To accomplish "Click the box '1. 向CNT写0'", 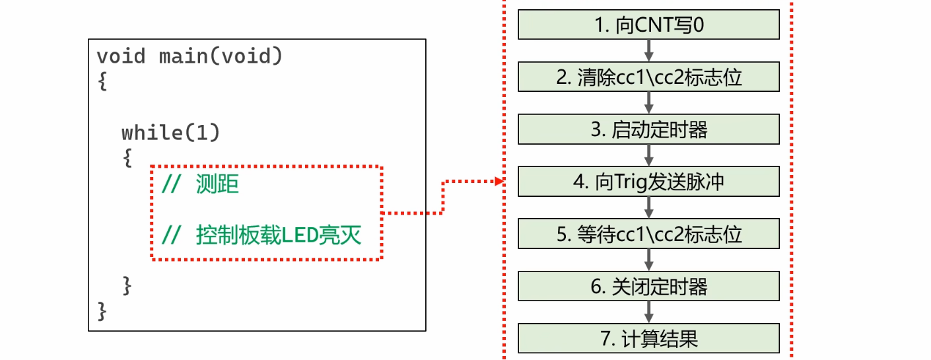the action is [x=649, y=25].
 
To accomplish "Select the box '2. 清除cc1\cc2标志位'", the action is [x=649, y=77].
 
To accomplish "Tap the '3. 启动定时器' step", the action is [x=649, y=129].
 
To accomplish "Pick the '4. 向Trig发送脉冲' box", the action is [x=649, y=182].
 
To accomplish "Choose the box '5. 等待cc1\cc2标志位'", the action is [x=649, y=234].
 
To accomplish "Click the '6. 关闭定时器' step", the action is [x=649, y=286].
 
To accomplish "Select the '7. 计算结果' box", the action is [x=649, y=338].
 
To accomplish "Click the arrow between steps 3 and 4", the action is [x=649, y=155].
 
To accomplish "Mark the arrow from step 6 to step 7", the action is [x=649, y=312].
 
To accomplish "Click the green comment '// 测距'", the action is [x=200, y=185].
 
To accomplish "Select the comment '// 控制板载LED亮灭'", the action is [x=261, y=235].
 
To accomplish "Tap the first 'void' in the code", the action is [x=121, y=57].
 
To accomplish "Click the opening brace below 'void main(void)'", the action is [x=102, y=83].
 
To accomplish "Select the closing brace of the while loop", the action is [x=127, y=285].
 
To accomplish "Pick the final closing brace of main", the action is [x=102, y=310].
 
